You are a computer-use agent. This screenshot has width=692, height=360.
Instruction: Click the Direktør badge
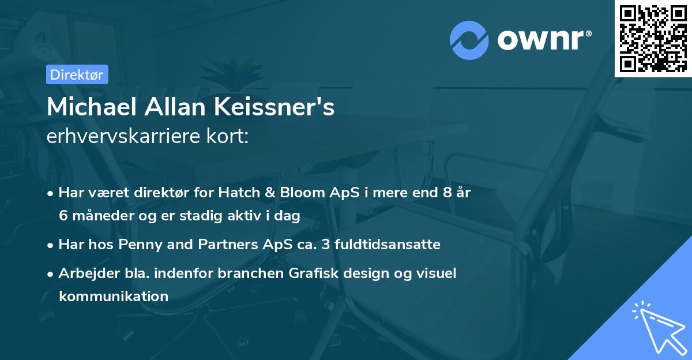(x=77, y=74)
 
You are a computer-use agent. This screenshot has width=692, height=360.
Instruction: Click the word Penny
(x=136, y=245)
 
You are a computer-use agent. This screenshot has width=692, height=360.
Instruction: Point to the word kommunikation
(x=113, y=297)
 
